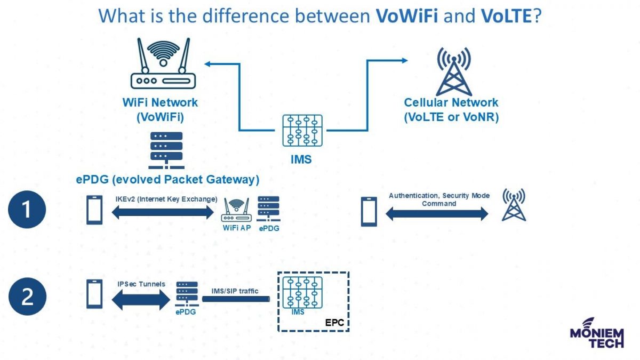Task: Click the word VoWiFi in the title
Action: [x=407, y=16]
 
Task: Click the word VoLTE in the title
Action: [x=506, y=16]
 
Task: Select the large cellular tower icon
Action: [x=453, y=71]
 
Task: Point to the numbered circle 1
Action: [x=27, y=210]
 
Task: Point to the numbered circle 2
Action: [x=27, y=297]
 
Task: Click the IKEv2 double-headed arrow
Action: [x=163, y=213]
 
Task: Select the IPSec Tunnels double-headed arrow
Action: [x=140, y=300]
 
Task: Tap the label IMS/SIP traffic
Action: [x=234, y=291]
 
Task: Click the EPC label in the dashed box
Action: [x=335, y=323]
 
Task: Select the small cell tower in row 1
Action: [x=514, y=205]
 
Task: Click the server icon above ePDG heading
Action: [x=166, y=149]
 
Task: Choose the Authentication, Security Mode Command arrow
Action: [x=436, y=214]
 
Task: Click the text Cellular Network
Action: [x=451, y=103]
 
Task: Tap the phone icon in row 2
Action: [x=94, y=294]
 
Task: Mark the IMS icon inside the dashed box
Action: [x=302, y=293]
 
